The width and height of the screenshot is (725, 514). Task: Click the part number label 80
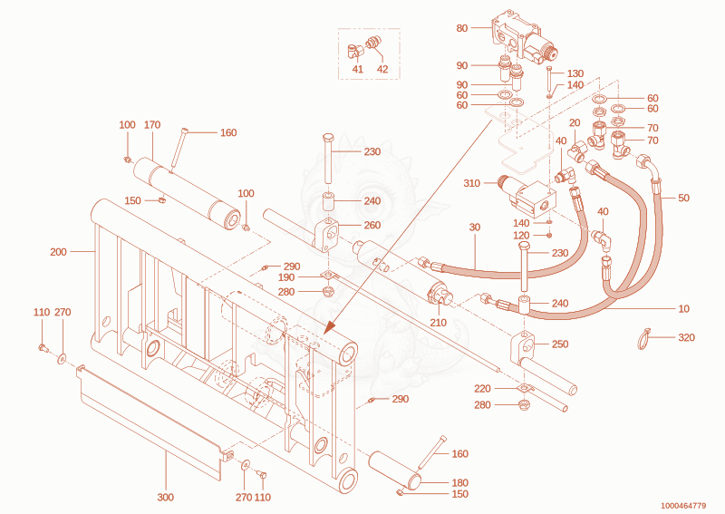point(462,28)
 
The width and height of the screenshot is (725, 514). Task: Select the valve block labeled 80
point(525,38)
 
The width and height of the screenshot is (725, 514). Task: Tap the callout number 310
point(471,183)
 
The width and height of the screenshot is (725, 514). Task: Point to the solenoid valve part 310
point(528,196)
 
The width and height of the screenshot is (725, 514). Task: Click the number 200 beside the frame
point(58,252)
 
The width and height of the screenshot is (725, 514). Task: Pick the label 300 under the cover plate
point(166,498)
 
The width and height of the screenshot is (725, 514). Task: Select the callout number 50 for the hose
point(683,198)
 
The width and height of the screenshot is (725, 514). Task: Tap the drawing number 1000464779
point(683,506)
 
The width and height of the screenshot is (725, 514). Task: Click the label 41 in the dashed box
point(357,70)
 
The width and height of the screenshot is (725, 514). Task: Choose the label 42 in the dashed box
point(382,70)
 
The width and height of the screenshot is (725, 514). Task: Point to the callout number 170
point(152,125)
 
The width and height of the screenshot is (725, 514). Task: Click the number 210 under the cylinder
point(438,323)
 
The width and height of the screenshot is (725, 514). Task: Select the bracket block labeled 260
point(329,235)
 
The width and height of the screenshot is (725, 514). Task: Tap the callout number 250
point(560,344)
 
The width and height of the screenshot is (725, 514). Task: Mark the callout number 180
point(459,483)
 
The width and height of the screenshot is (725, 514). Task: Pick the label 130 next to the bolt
point(575,73)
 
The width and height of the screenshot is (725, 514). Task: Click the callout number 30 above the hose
point(475,228)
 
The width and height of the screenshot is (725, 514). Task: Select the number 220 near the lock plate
point(482,389)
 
